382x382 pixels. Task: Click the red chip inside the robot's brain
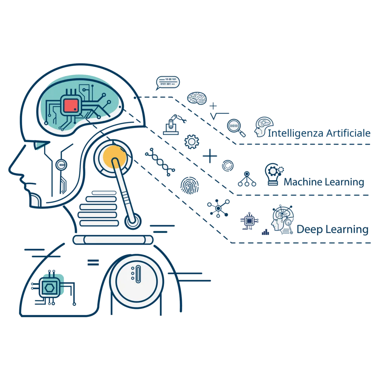(x=71, y=106)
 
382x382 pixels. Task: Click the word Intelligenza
(x=295, y=134)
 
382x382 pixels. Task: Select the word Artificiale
(x=348, y=133)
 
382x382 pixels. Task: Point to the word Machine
(x=303, y=182)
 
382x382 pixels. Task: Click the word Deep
(x=310, y=230)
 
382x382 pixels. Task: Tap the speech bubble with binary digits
(x=167, y=83)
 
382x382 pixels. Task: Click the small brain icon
(x=197, y=98)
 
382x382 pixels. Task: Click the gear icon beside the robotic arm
(x=192, y=141)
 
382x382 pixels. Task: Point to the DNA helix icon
(x=160, y=162)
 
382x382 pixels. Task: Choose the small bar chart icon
(x=265, y=232)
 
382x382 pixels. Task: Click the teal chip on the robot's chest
(x=50, y=288)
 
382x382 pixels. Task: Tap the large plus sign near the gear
(x=210, y=156)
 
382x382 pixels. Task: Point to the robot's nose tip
(x=9, y=169)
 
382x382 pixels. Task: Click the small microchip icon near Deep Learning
(x=249, y=221)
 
